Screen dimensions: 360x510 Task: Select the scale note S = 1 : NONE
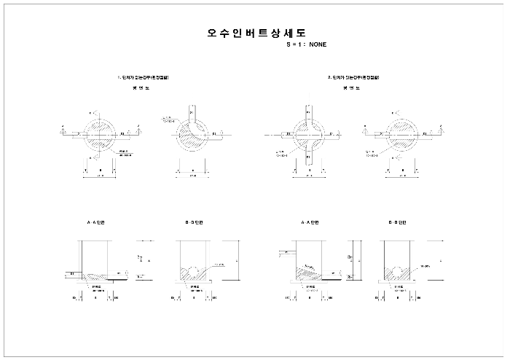(x=307, y=45)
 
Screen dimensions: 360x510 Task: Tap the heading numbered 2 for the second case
(x=353, y=77)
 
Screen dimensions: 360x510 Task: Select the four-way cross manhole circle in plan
(x=309, y=135)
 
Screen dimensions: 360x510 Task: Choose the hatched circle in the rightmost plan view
(x=400, y=134)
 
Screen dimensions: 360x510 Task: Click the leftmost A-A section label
(x=95, y=222)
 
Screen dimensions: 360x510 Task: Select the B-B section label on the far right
(x=398, y=222)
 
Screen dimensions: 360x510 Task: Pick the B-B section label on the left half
(x=195, y=222)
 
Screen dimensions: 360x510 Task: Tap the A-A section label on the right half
(x=310, y=222)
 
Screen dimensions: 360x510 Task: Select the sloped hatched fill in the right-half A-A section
(x=309, y=273)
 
